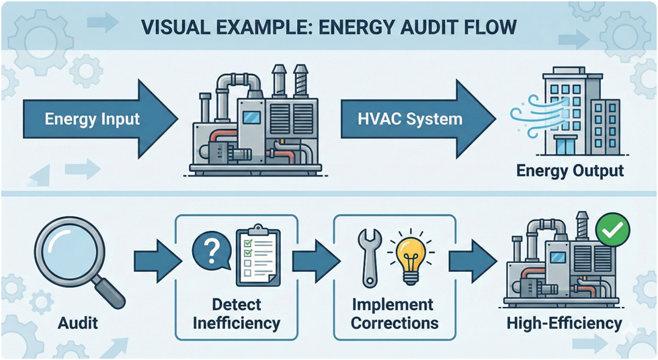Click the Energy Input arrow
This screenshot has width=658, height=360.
[94, 120]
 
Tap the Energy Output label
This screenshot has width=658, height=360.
[570, 171]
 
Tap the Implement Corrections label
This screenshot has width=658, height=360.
[395, 314]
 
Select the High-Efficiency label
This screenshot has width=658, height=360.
[565, 323]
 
